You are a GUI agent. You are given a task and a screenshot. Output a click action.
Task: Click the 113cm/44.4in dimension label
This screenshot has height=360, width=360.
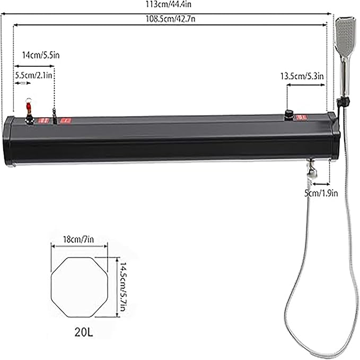click(x=169, y=4)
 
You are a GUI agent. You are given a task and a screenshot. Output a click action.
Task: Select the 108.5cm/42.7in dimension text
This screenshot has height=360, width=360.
click(x=171, y=19)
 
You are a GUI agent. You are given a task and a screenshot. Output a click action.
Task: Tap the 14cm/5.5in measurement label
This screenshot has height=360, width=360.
click(x=41, y=55)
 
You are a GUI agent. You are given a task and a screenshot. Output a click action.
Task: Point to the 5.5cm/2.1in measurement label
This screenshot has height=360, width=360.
click(x=33, y=75)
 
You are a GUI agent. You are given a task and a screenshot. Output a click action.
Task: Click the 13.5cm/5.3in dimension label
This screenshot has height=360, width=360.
click(x=302, y=76)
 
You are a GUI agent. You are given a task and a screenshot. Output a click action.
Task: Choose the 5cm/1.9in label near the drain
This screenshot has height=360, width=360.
click(x=321, y=194)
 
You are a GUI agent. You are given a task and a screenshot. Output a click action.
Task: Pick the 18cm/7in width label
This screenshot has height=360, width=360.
click(x=78, y=240)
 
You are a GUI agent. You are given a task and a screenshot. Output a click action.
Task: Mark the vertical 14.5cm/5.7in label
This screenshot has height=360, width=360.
click(x=123, y=287)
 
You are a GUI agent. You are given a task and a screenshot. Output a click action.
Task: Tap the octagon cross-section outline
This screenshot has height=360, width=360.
click(x=51, y=287)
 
